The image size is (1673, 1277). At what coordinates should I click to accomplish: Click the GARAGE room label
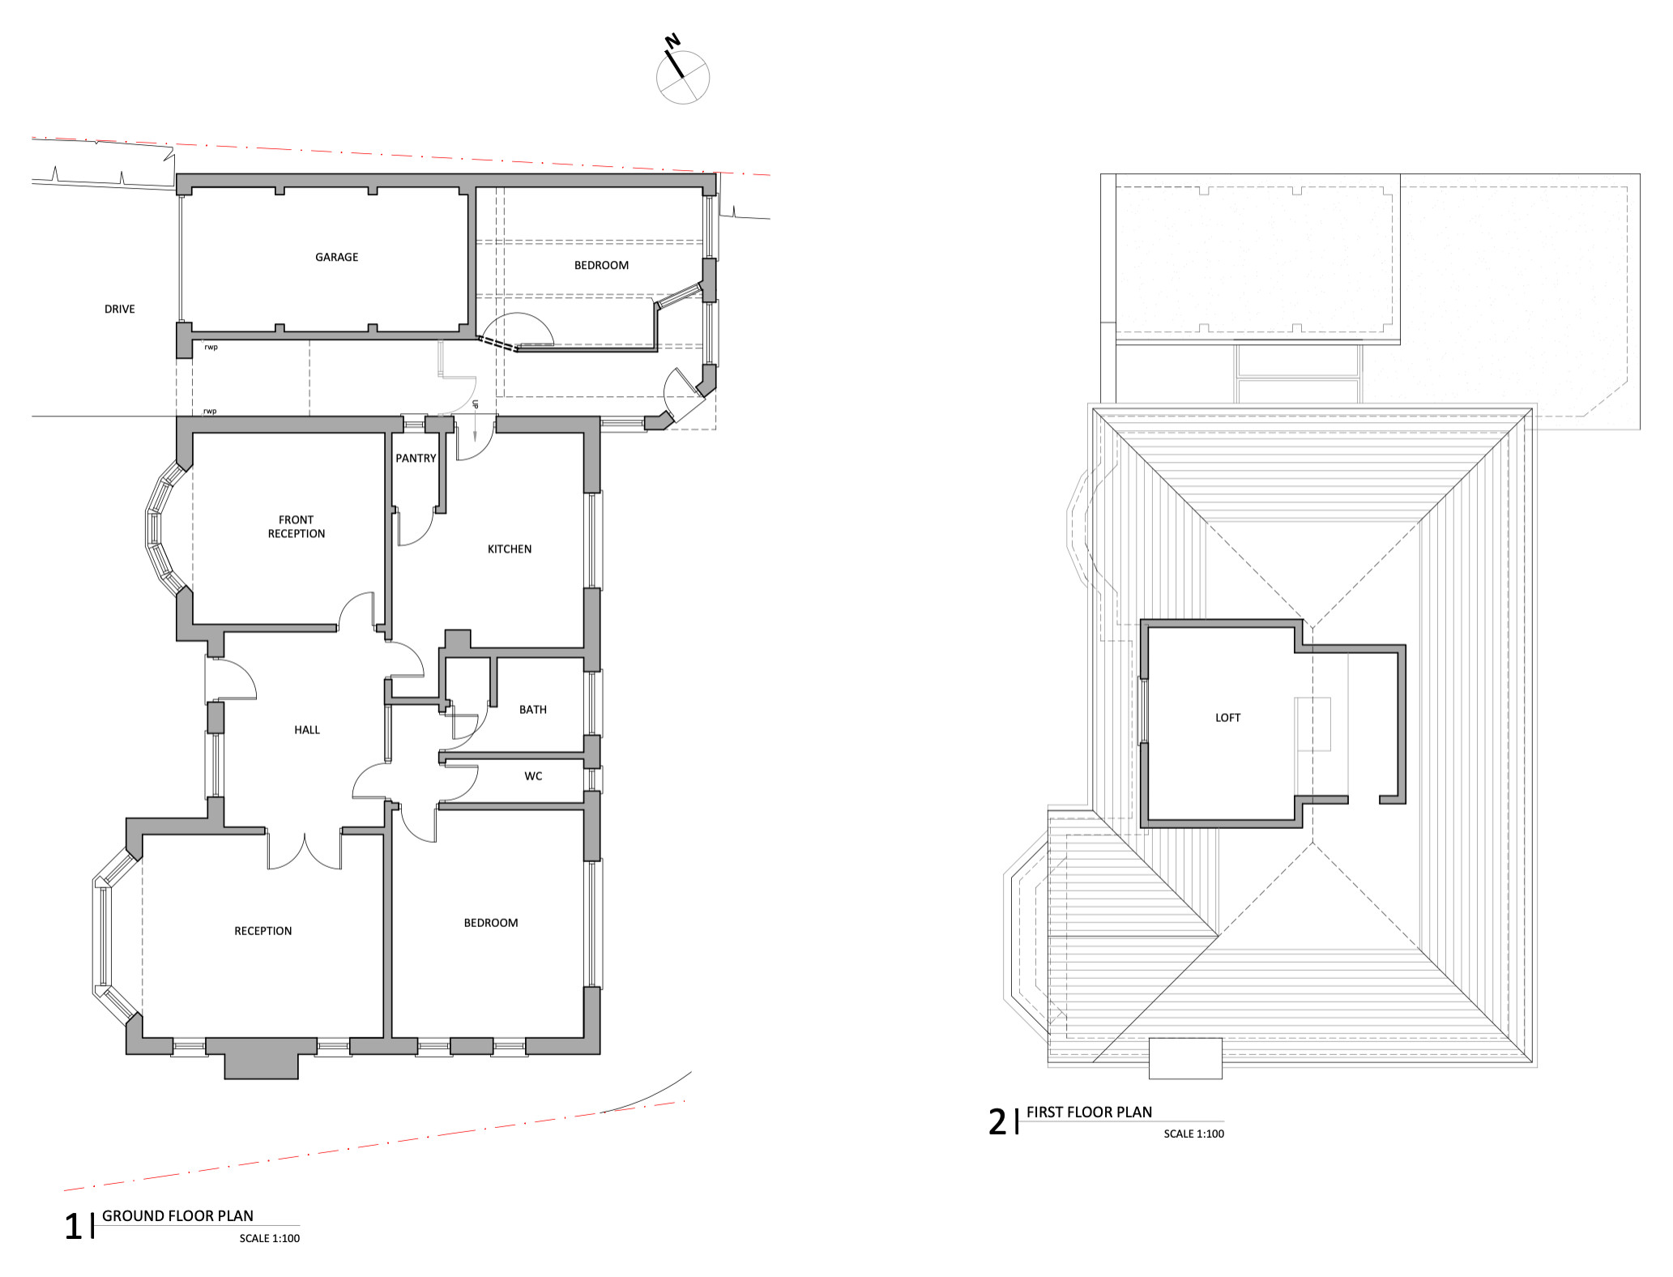(336, 257)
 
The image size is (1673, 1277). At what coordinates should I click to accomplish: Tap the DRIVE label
(119, 309)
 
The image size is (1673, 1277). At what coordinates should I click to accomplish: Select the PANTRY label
(416, 458)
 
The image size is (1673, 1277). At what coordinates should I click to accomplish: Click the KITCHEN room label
(510, 549)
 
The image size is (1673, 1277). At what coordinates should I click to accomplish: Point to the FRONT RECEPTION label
(297, 527)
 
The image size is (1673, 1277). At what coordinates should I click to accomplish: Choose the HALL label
(307, 730)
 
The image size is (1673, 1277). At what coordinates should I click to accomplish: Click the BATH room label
(533, 710)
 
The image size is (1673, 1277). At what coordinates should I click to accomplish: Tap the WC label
(533, 776)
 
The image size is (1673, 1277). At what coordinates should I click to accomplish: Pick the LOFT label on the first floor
(1227, 718)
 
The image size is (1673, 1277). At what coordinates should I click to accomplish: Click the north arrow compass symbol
(681, 73)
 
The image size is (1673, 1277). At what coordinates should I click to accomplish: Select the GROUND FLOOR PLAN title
(177, 1215)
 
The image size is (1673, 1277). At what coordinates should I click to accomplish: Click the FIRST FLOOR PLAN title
(1089, 1113)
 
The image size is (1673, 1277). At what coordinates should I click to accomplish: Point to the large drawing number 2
(997, 1122)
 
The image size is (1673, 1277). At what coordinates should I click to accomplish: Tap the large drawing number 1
(73, 1227)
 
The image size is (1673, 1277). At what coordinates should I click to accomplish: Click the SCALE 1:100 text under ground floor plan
(270, 1238)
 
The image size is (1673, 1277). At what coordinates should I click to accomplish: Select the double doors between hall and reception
(304, 851)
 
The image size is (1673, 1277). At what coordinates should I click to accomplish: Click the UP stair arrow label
(475, 404)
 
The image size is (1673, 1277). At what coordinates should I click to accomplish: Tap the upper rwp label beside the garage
(211, 348)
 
